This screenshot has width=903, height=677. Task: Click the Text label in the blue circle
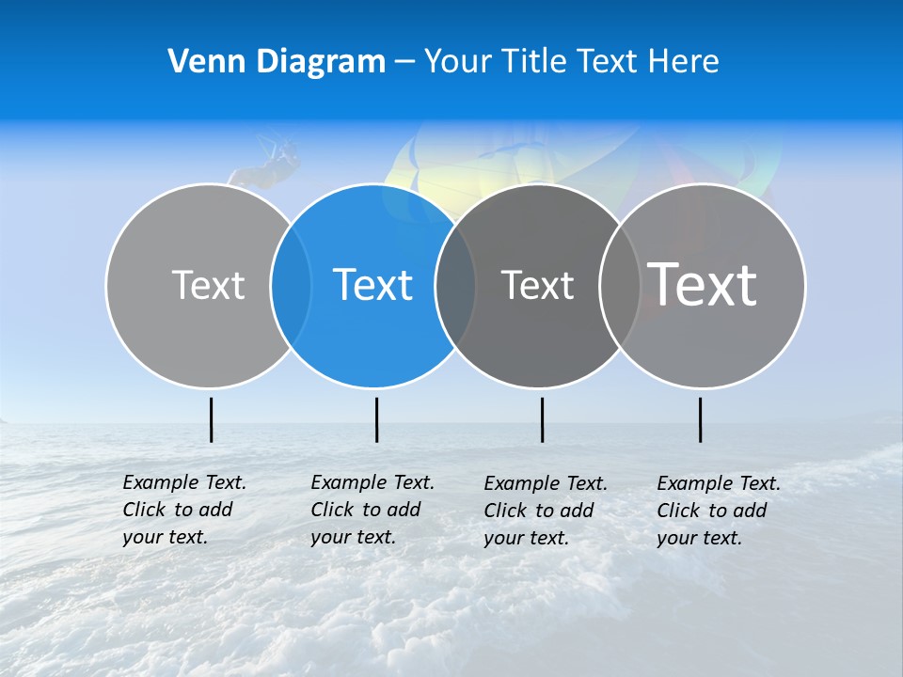coord(373,285)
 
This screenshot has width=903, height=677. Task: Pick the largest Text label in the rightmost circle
coord(703,284)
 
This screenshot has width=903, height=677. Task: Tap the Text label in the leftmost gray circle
coord(208,285)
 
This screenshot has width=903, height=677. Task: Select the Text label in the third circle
coord(537,285)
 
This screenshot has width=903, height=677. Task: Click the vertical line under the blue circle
coord(376,419)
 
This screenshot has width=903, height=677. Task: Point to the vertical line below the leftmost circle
coord(211,419)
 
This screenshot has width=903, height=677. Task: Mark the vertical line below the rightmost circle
coord(700,419)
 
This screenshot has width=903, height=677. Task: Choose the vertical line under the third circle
coord(542,419)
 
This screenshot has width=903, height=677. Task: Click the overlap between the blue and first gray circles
coord(291,285)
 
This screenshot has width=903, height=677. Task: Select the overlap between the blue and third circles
coord(455,285)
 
